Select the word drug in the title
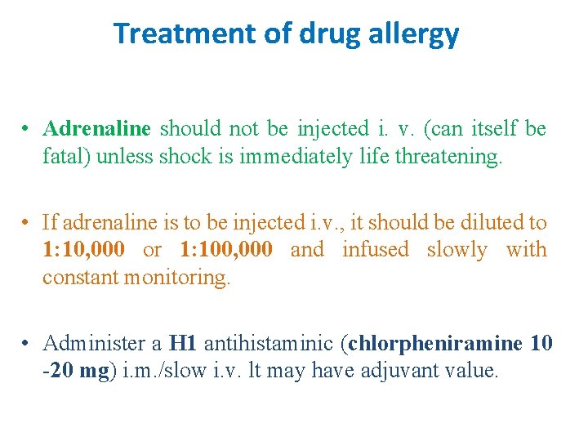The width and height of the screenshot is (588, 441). pyautogui.click(x=323, y=33)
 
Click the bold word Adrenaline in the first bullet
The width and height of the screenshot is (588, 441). pyautogui.click(x=97, y=128)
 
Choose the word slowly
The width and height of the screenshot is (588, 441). pyautogui.click(x=457, y=250)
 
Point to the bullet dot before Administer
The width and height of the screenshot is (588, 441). pyautogui.click(x=28, y=343)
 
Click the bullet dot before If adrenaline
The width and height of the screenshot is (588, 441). pyautogui.click(x=28, y=222)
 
